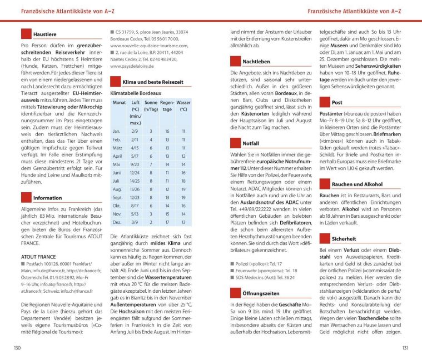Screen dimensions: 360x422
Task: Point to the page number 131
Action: pyautogui.click(x=405, y=348)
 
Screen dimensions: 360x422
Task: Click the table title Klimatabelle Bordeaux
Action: pyautogui.click(x=138, y=93)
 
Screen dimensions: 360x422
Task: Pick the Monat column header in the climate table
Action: pyautogui.click(x=119, y=103)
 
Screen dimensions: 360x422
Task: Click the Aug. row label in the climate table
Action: pyautogui.click(x=117, y=190)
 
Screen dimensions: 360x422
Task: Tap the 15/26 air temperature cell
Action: pyautogui.click(x=135, y=190)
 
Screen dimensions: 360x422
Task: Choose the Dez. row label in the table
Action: pyautogui.click(x=117, y=222)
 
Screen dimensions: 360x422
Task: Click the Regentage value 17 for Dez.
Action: pyautogui.click(x=167, y=222)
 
